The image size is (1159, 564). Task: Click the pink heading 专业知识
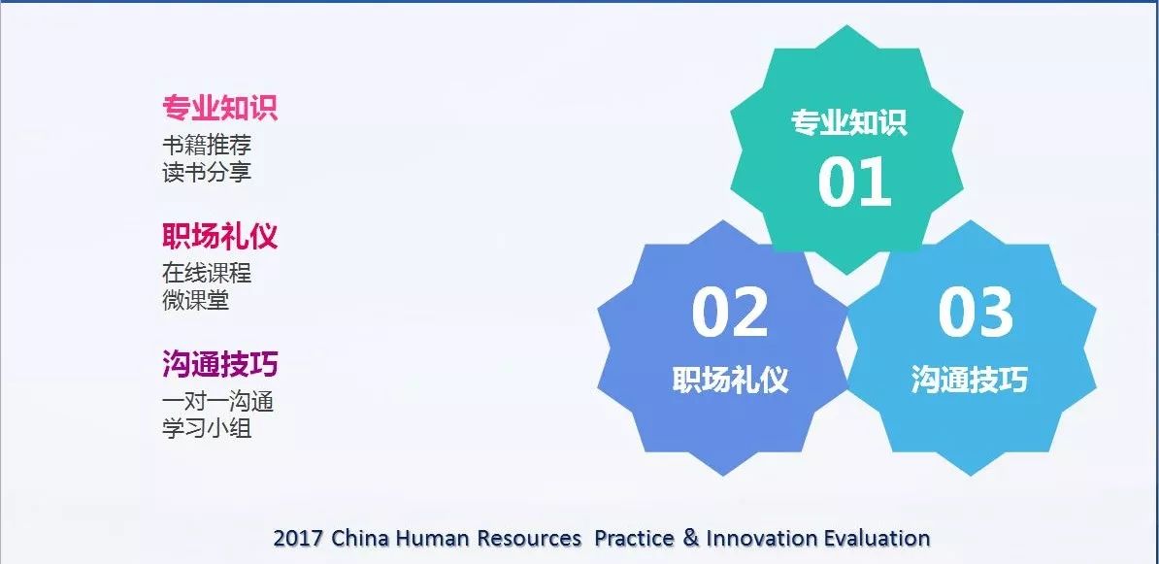point(220,108)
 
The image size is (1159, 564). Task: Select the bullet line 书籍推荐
point(207,145)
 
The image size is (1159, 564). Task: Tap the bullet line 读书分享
point(207,172)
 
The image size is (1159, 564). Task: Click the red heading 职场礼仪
point(220,237)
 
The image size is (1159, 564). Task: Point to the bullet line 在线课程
point(207,273)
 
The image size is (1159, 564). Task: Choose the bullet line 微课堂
point(196,299)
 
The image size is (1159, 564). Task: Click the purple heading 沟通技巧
point(220,364)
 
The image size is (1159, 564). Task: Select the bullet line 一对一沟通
point(218,401)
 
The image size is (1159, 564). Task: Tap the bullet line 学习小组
point(207,427)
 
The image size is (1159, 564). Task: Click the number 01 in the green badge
point(854,182)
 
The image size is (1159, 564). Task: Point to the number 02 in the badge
point(730,313)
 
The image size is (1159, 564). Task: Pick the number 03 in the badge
point(975,313)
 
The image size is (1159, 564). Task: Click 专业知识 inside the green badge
point(848,122)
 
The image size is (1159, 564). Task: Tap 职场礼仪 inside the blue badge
point(730,380)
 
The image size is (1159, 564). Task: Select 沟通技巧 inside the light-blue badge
point(969,380)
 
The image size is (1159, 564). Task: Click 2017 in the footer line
point(298,538)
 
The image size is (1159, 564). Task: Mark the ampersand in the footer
point(691,538)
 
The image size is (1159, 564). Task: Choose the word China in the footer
point(360,538)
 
